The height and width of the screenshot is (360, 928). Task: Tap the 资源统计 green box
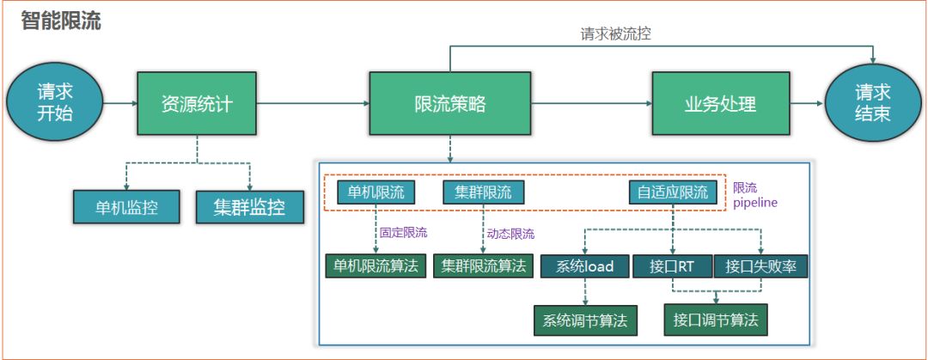197,104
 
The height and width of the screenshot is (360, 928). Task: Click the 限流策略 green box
449,104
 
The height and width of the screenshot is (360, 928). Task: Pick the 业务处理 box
720,104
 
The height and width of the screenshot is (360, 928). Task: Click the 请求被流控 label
620,35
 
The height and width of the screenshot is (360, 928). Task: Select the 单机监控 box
126,206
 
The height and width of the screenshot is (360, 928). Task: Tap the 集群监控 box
249,206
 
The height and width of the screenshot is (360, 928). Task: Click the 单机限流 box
376,192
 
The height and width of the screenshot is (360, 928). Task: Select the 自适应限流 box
672,192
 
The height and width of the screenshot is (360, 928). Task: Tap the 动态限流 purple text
510,233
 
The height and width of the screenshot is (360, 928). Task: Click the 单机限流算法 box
375,265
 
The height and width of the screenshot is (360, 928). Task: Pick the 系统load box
584,266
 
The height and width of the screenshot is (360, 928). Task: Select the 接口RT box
673,266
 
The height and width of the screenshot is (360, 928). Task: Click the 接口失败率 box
760,266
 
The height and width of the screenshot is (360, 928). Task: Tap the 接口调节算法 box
715,320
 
